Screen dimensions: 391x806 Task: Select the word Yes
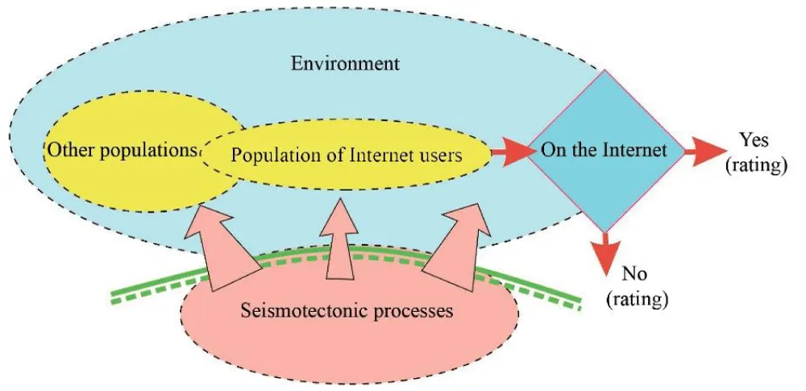(x=754, y=140)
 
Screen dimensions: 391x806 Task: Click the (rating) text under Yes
(x=754, y=167)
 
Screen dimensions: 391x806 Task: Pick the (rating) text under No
(x=637, y=301)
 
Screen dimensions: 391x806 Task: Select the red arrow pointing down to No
(x=607, y=254)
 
